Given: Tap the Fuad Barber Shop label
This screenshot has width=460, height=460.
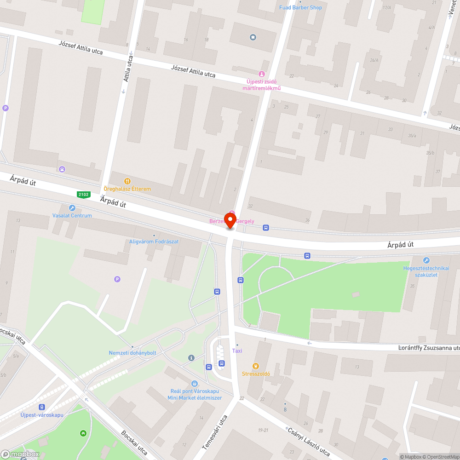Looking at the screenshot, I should coord(300,7).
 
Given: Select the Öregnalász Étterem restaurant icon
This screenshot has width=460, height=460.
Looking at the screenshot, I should coord(127,181).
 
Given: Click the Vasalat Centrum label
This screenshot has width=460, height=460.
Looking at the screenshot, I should coord(72,215).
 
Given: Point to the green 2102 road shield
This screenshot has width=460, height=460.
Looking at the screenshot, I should coord(84,195).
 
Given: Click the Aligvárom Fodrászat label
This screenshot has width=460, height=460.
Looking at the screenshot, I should coord(154,241).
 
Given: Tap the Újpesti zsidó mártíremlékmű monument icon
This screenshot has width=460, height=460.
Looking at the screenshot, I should coord(262,74).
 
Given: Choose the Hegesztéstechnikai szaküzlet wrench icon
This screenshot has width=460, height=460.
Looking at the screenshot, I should coord(426,260).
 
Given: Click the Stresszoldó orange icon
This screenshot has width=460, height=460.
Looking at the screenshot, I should coord(256,366).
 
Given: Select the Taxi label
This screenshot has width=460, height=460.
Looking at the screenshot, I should coord(237,351).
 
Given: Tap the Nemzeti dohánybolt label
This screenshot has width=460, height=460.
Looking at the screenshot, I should coord(132,353).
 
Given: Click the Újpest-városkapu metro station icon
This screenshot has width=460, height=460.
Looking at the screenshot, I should coord(42,407).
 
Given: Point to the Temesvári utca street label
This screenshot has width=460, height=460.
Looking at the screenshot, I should coord(215,433).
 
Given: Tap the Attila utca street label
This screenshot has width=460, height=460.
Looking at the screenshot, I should coord(128,69).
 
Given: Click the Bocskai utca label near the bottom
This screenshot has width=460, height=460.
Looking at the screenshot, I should coord(134,443).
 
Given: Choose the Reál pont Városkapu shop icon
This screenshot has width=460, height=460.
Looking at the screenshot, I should coord(195,384).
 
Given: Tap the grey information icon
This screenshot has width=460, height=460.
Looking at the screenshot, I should coord(191,357).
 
